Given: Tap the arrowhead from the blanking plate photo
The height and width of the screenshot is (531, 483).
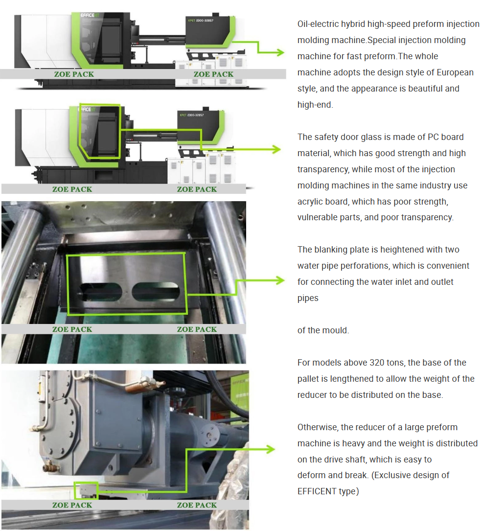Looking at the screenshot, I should tap(280, 280).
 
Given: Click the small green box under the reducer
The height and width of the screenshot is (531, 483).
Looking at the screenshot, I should tap(86, 490).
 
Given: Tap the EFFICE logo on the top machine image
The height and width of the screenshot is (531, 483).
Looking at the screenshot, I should tap(93, 15).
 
